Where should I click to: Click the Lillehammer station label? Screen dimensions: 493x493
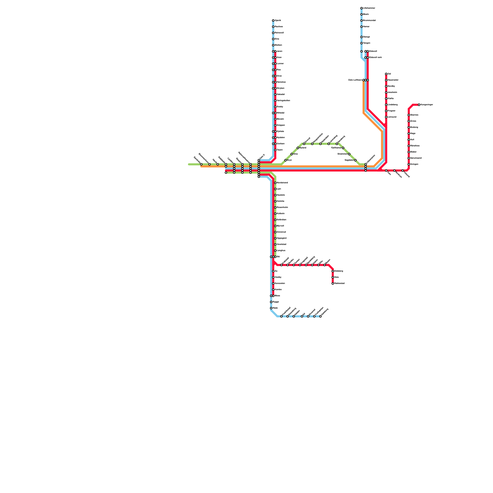pyautogui.click(x=369, y=8)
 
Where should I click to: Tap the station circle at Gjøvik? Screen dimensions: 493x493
pyautogui.click(x=273, y=21)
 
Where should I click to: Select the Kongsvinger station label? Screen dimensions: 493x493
pyautogui.click(x=427, y=105)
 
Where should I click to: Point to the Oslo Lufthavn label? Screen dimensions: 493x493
pyautogui.click(x=355, y=80)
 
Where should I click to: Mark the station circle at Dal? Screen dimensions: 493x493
pyautogui.click(x=386, y=74)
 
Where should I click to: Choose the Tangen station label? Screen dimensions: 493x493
pyautogui.click(x=367, y=43)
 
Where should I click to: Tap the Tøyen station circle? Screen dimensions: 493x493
pyautogui.click(x=275, y=150)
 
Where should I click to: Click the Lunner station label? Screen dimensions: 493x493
pyautogui.click(x=280, y=64)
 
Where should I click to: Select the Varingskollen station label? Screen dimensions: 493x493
pyautogui.click(x=283, y=101)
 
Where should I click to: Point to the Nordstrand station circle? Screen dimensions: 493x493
pyautogui.click(x=275, y=183)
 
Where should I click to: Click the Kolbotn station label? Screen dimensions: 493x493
pyautogui.click(x=281, y=214)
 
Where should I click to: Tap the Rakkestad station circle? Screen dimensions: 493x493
pyautogui.click(x=333, y=283)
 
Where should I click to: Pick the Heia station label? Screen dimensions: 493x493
pyautogui.click(x=336, y=277)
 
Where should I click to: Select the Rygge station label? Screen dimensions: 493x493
pyautogui.click(x=276, y=302)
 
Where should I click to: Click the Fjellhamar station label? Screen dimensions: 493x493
pyautogui.click(x=336, y=148)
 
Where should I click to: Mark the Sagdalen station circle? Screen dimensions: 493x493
pyautogui.click(x=355, y=160)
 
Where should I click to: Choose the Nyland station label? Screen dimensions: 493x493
pyautogui.click(x=303, y=148)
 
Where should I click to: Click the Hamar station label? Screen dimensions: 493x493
pyautogui.click(x=366, y=27)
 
